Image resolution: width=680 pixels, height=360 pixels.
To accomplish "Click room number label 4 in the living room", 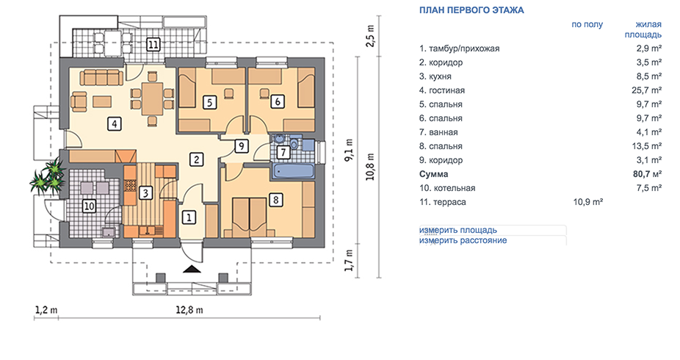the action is click(115, 124).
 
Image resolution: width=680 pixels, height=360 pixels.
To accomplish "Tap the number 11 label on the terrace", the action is click(153, 44).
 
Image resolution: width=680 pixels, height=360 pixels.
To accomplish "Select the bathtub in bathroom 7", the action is click(293, 170).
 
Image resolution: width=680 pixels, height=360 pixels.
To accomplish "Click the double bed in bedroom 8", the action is click(250, 215).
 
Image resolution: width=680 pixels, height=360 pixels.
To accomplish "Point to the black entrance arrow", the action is click(192, 270).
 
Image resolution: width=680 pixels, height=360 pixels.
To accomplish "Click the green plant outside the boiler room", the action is click(48, 176).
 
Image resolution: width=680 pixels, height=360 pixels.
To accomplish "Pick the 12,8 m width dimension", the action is click(189, 310).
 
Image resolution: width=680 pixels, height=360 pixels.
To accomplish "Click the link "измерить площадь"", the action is click(458, 230).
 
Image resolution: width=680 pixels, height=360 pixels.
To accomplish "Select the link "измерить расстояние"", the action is click(463, 240).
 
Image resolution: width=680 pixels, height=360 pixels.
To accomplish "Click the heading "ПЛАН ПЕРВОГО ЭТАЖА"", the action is click(471, 10).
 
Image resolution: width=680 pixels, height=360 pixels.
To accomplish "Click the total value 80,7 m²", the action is click(647, 174).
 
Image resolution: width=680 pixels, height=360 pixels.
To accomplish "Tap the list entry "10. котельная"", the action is click(447, 188).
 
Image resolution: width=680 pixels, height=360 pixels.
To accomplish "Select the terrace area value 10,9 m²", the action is click(588, 202).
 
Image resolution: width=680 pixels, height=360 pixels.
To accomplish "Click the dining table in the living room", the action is click(152, 98).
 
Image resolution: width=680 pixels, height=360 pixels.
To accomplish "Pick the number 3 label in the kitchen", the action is click(145, 192).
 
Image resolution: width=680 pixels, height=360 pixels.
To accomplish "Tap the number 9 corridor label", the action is click(241, 146).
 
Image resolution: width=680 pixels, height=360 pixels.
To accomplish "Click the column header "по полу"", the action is click(587, 25).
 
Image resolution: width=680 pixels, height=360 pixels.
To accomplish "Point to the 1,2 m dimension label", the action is click(46, 310).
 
